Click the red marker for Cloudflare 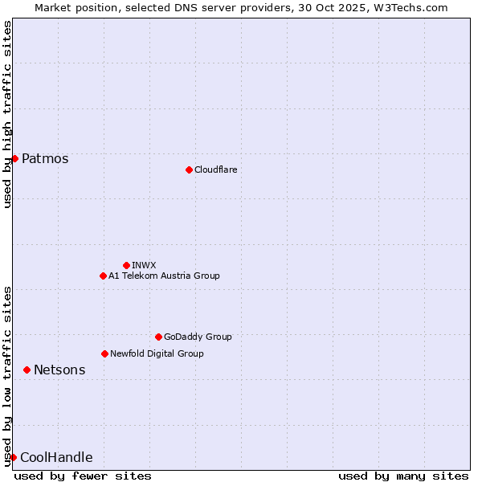[189, 170]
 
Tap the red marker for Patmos [14, 158]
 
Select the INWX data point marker [126, 265]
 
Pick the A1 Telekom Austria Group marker [103, 276]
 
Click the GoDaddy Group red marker [158, 337]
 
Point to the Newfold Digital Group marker [104, 353]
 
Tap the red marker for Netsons [27, 370]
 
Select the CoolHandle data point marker [13, 457]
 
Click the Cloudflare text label [216, 170]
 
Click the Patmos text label [45, 158]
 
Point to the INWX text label [144, 265]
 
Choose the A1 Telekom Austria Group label [164, 276]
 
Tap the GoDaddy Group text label [198, 337]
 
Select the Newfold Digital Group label [157, 353]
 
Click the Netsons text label [59, 370]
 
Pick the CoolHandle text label [56, 457]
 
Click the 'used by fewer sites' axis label [83, 476]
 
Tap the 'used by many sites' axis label [403, 476]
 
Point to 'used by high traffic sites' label [7, 114]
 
